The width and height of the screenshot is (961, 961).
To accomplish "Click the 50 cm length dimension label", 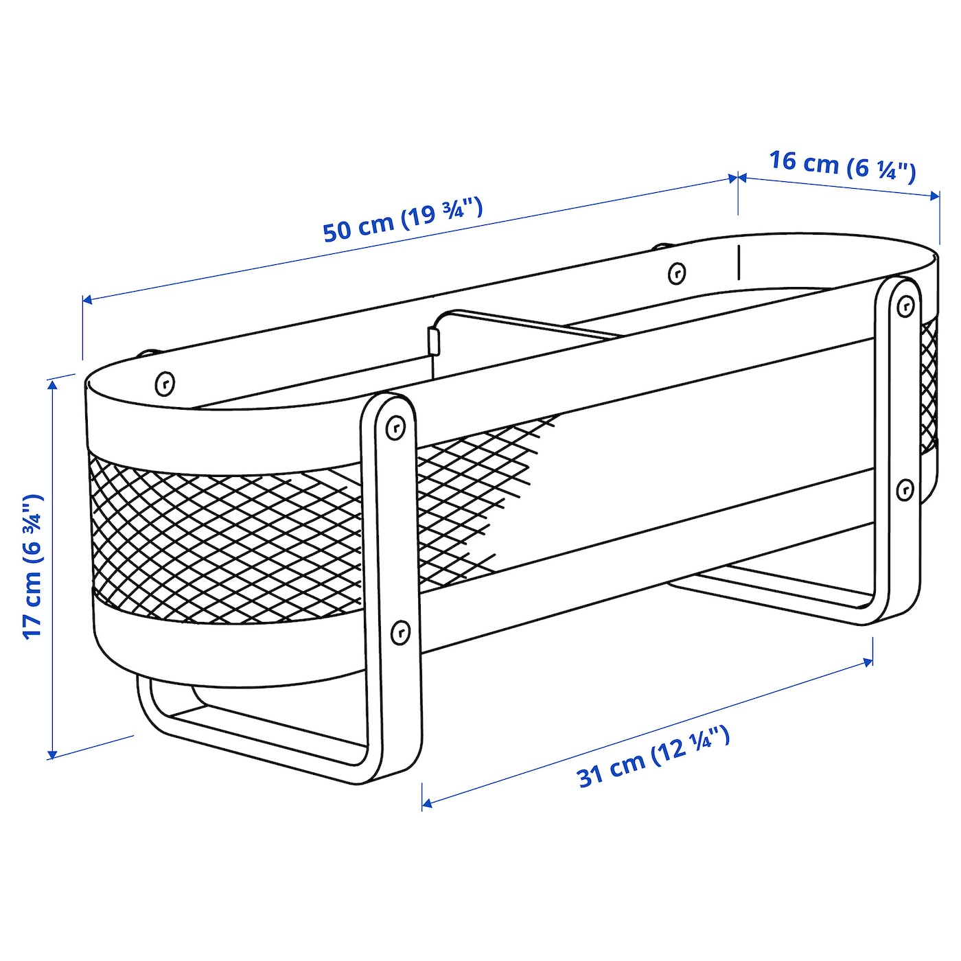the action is [403, 220].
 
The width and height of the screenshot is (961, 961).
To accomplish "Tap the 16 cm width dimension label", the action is [842, 167].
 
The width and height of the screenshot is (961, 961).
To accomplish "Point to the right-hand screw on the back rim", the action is [676, 273].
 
